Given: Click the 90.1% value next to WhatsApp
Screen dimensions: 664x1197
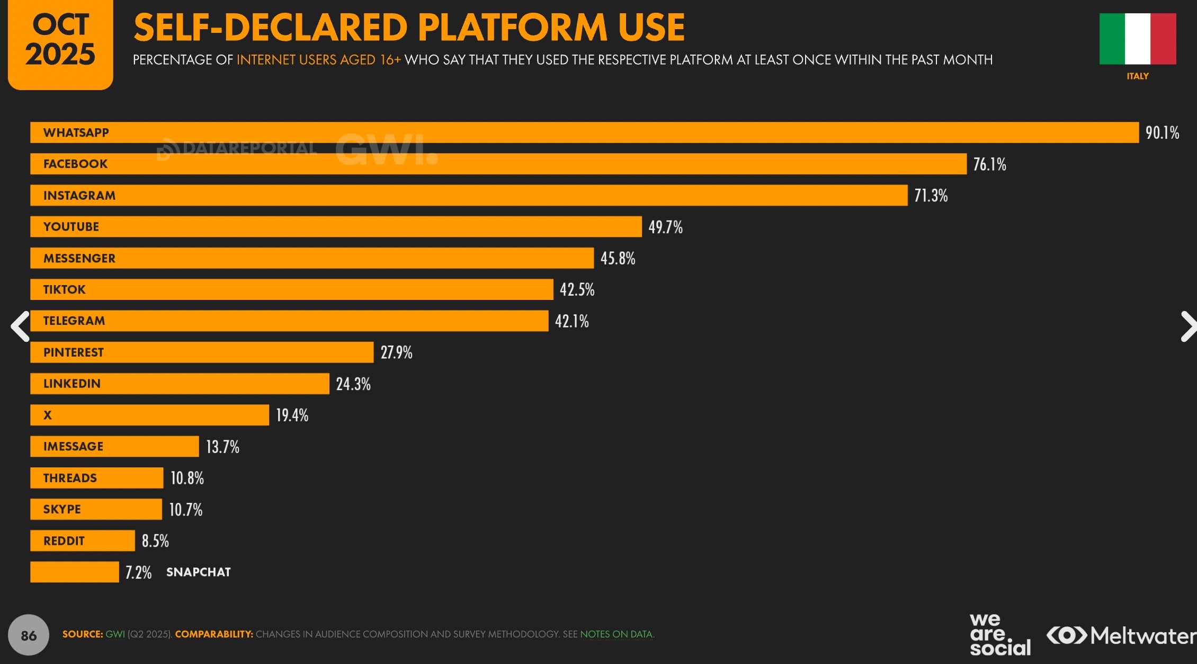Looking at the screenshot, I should click(x=1162, y=132).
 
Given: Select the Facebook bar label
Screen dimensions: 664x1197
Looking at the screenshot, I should click(x=75, y=164).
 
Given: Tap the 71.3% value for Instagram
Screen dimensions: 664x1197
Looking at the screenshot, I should click(x=931, y=196).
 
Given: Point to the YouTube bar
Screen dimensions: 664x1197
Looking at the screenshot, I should click(x=336, y=227).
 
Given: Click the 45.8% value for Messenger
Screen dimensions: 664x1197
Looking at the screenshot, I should click(x=618, y=259).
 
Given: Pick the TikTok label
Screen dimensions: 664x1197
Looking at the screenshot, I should click(x=64, y=289).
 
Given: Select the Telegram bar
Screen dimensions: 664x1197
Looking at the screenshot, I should click(x=289, y=321).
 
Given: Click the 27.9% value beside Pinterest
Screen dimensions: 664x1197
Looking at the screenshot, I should click(x=396, y=352).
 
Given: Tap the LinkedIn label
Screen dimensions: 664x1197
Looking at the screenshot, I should click(x=72, y=384).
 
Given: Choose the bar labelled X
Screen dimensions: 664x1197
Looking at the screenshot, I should click(x=149, y=415).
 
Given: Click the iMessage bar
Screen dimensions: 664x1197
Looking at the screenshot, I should click(x=114, y=446).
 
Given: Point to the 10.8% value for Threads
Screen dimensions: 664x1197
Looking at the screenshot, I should click(x=187, y=478).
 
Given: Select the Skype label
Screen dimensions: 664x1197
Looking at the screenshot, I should click(x=62, y=509).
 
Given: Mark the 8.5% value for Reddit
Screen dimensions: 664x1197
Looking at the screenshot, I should click(x=155, y=541).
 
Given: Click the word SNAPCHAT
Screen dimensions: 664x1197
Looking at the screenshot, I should click(x=199, y=572).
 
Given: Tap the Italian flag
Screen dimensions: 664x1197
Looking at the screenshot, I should click(x=1138, y=39).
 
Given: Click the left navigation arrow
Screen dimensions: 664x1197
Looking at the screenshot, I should click(x=20, y=326).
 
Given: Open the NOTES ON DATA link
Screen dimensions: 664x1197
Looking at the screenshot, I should click(x=616, y=634).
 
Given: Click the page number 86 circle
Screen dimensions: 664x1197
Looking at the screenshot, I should click(x=29, y=635).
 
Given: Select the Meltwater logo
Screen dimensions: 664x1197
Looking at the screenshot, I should click(x=1121, y=635).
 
